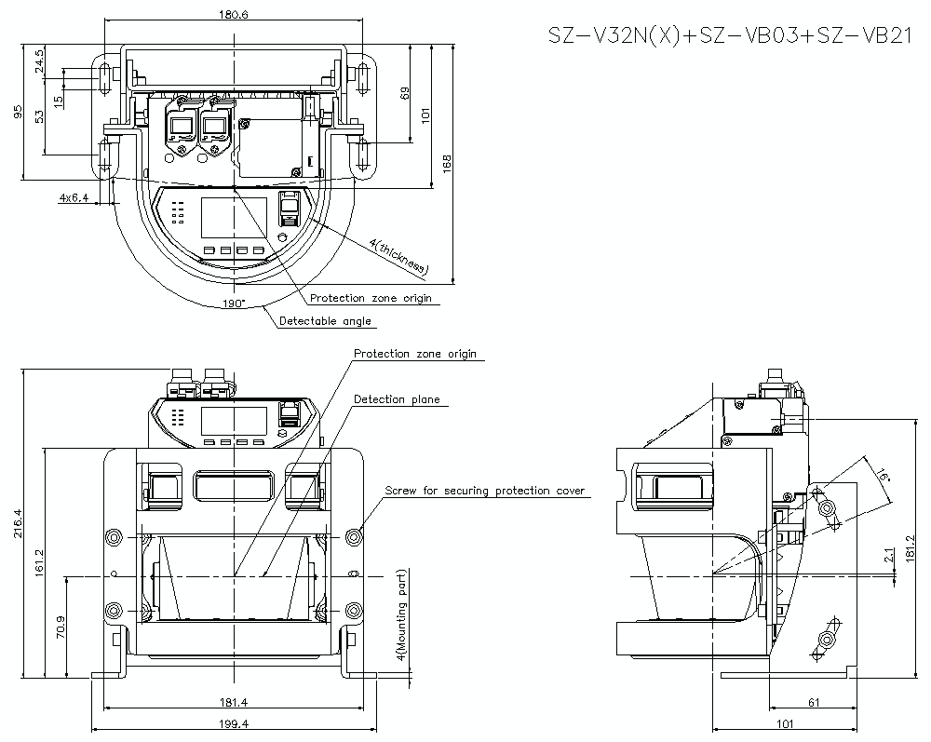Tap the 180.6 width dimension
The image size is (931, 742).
coord(232,14)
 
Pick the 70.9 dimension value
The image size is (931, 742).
coord(61,627)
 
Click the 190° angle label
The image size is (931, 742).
coord(233,304)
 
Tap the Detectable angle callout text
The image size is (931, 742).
coord(326,321)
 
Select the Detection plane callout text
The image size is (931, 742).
coord(397,399)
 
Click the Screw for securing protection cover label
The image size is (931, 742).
coord(485,491)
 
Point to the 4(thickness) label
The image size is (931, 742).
coord(398,256)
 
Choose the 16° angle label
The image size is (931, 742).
coord(883,472)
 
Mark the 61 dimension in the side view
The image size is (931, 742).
coord(814,703)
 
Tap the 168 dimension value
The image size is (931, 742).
coord(448,163)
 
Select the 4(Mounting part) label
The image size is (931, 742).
coord(400,615)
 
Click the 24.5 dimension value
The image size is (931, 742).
coord(39,61)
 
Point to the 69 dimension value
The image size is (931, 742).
coord(404,93)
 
